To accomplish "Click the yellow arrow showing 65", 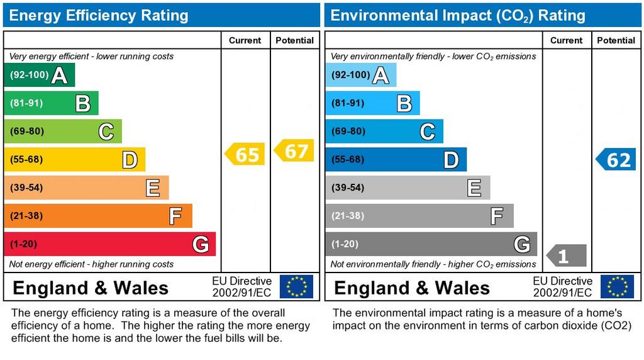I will point(245,154).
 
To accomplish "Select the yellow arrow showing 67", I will point(294,151).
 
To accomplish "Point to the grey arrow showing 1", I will point(567,256).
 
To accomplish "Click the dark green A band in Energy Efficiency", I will point(39,75).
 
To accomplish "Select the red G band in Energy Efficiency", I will point(109,244).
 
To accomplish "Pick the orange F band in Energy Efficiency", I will point(97,216).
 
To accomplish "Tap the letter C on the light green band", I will point(106,132).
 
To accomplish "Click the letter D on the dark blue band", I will point(451,160).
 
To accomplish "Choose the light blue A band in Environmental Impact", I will point(361,75).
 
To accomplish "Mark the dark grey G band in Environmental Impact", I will point(431,244).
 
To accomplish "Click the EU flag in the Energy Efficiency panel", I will point(296,286).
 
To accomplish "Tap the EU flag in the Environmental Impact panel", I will point(617,286).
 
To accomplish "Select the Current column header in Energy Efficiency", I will point(245,40).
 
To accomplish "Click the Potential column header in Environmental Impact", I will point(616,40).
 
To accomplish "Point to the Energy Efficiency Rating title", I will point(99,15).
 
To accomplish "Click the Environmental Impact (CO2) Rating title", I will point(458,15).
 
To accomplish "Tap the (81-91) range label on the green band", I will point(26,103).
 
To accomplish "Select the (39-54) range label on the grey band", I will point(348,188).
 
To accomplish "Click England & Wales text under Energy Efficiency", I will point(91,288).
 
